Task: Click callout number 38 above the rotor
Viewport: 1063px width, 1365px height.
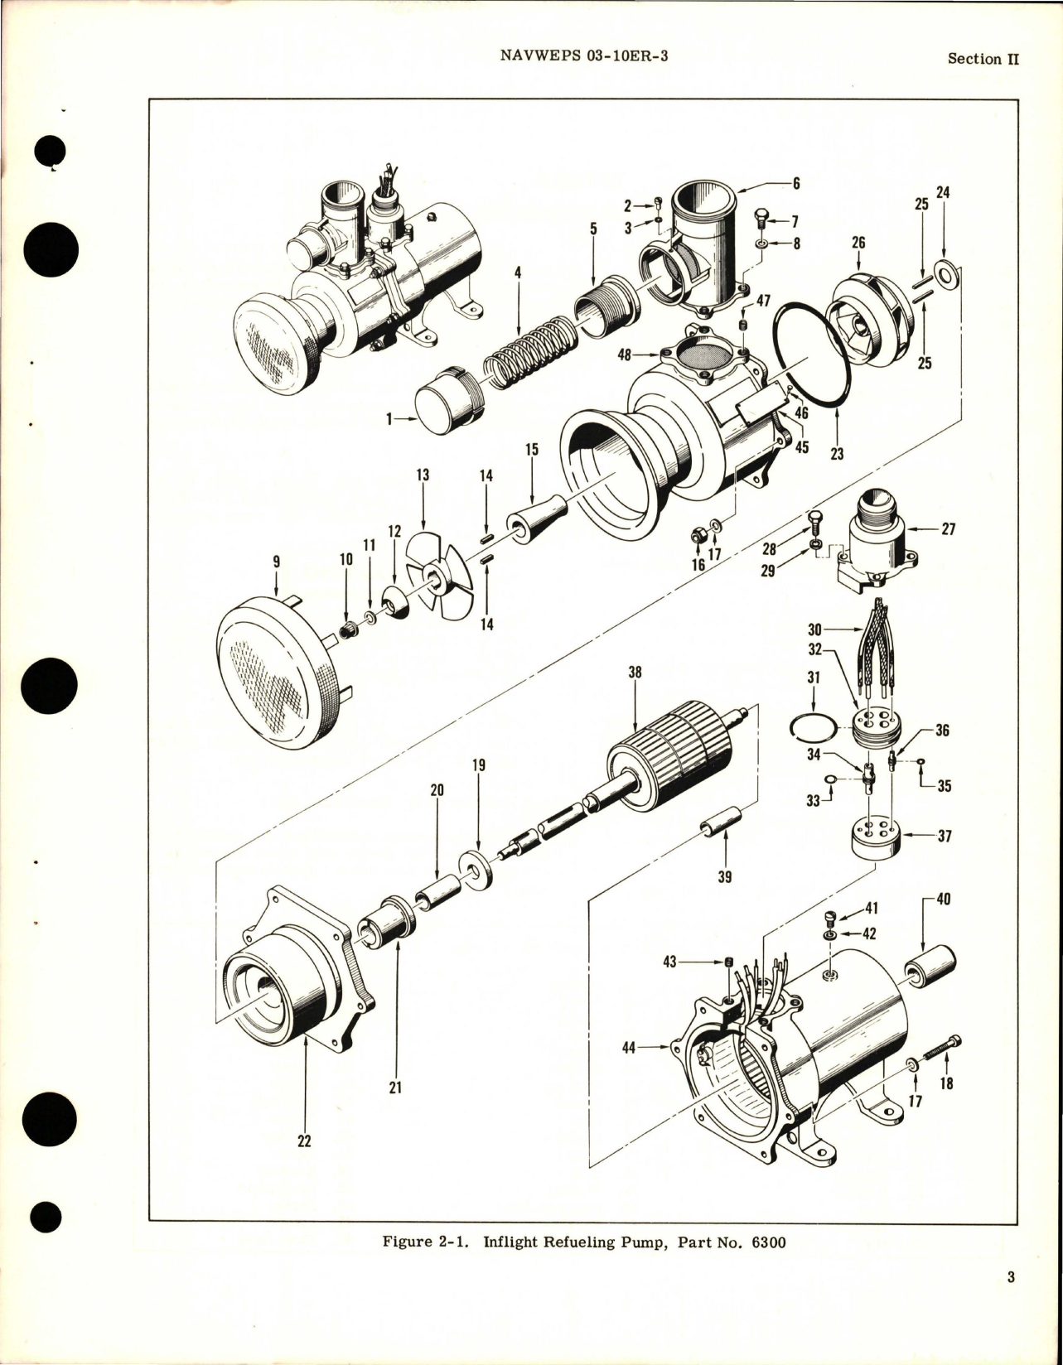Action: pyautogui.click(x=635, y=673)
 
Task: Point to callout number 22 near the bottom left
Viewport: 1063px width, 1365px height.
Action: pyautogui.click(x=304, y=1141)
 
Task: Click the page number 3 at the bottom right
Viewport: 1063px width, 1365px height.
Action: pyautogui.click(x=1011, y=1300)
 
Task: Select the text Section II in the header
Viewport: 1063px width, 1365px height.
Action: pyautogui.click(x=983, y=59)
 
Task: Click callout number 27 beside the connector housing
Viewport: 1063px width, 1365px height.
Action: pyautogui.click(x=948, y=528)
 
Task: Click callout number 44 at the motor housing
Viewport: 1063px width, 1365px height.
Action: pyautogui.click(x=629, y=1048)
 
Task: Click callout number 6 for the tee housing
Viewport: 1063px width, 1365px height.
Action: pyautogui.click(x=796, y=183)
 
